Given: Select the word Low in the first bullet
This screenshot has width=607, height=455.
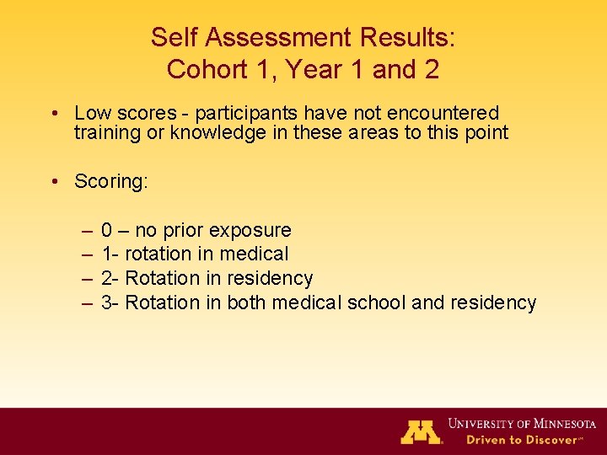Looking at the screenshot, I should point(91,113).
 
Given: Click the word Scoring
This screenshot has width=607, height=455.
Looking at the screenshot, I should point(110,181).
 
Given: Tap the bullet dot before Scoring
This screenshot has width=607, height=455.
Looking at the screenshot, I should point(53,181).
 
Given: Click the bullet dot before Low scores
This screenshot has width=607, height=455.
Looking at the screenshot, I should point(53,113).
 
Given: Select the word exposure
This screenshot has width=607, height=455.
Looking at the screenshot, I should point(250,230).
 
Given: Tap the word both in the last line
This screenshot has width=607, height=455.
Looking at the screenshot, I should point(246,302).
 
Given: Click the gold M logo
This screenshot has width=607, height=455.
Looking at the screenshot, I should point(421,431).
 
